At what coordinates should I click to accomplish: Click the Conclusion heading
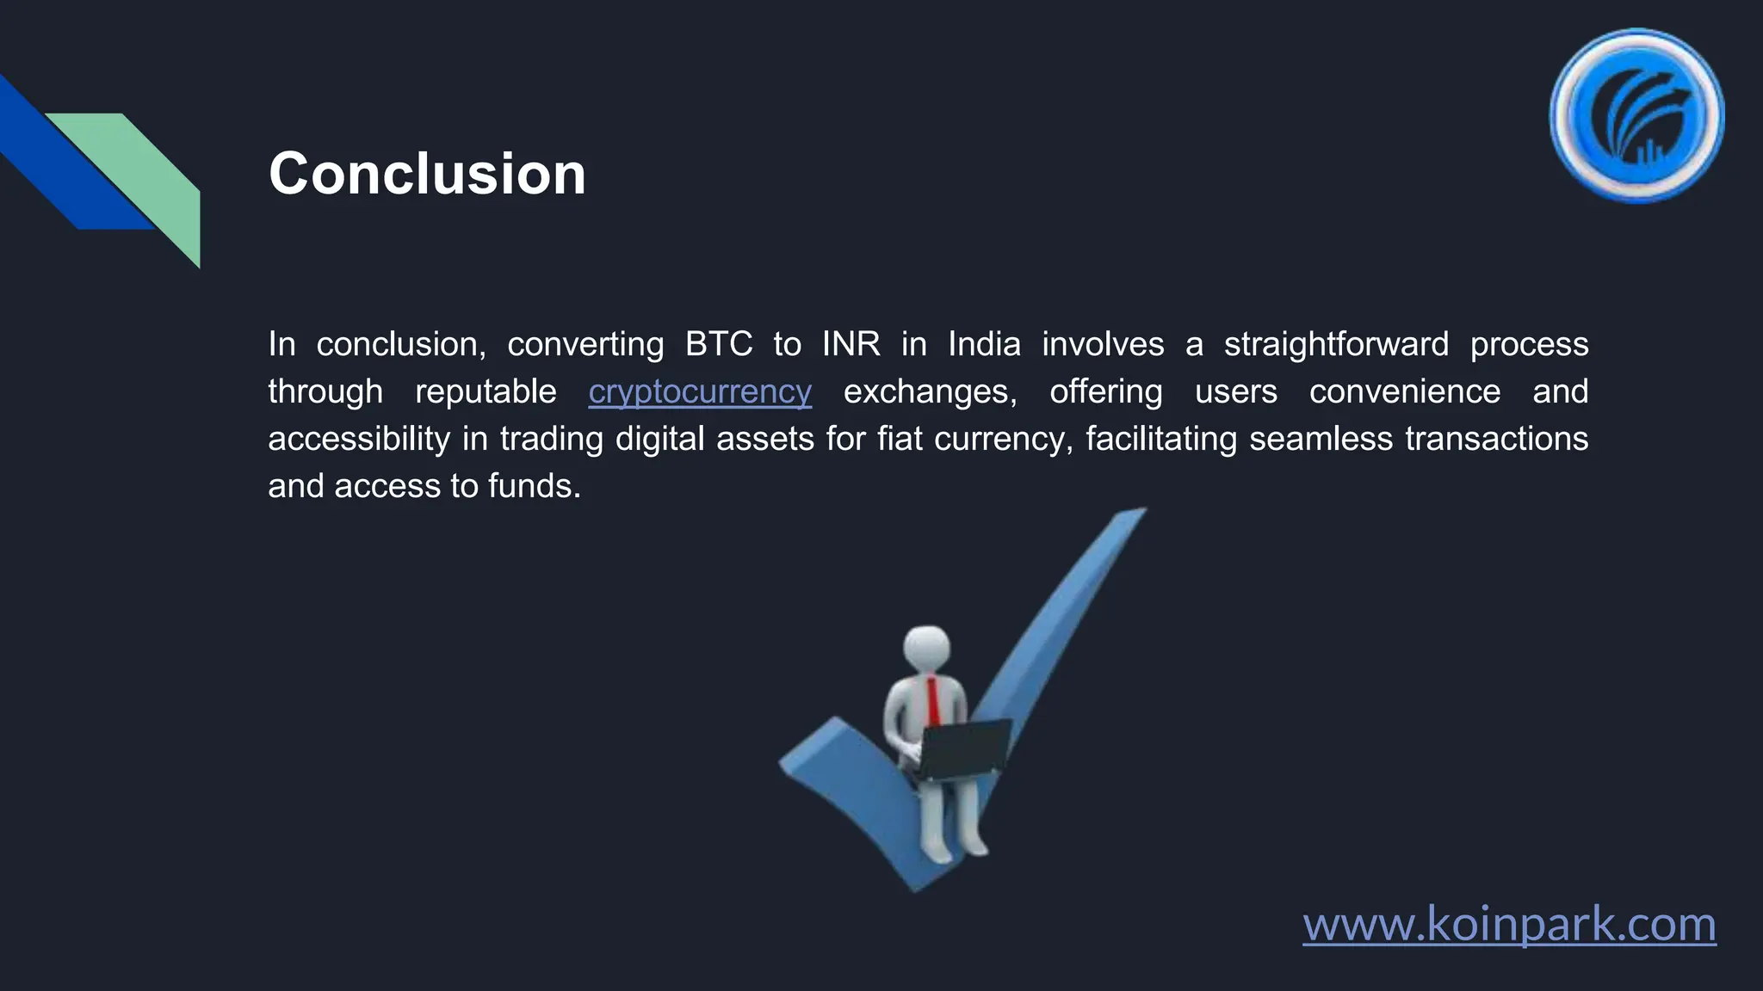point(427,174)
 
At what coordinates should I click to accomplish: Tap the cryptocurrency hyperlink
point(700,391)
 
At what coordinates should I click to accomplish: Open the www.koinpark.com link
point(1509,924)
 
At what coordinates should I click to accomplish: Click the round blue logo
point(1636,116)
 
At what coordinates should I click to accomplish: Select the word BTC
point(718,344)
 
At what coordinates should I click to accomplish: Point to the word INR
point(851,344)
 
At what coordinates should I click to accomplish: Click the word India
point(984,344)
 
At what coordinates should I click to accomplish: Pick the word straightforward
point(1336,344)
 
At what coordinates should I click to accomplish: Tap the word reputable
point(486,391)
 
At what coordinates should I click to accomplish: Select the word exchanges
point(930,391)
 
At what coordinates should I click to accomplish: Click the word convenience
point(1405,391)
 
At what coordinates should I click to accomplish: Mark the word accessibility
point(359,439)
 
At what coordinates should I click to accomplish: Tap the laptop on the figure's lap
point(964,748)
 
